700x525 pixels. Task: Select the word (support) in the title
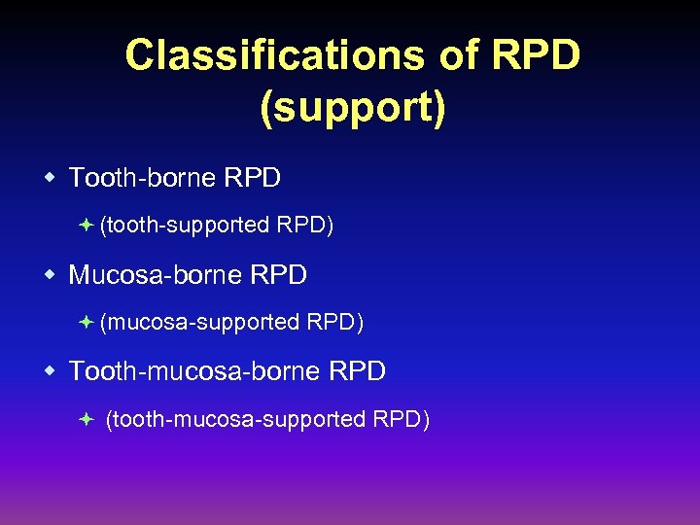353,108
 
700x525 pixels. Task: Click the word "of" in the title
456,55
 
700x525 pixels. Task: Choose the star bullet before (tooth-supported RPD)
86,225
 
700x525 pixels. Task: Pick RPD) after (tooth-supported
305,226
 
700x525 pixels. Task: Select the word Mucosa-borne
156,275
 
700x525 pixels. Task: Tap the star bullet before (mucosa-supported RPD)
86,321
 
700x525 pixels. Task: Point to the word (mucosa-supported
199,322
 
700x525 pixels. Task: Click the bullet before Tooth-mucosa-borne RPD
49,370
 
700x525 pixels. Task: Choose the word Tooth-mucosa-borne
194,371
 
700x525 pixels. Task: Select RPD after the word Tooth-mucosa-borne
358,371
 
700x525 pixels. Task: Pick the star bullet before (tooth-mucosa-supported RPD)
86,419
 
